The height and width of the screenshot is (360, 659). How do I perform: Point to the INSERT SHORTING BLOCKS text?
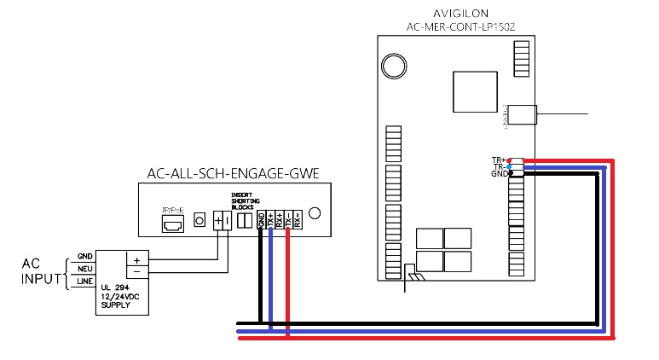click(x=244, y=201)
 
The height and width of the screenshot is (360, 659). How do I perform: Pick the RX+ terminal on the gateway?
click(x=280, y=220)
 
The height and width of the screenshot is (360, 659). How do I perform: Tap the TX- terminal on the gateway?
click(x=288, y=220)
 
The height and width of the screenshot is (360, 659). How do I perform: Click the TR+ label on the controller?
click(x=498, y=160)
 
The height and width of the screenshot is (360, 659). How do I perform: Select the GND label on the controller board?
click(x=498, y=174)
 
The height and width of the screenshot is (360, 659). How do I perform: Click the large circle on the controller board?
click(x=393, y=66)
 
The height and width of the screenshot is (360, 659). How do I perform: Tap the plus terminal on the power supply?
click(x=136, y=258)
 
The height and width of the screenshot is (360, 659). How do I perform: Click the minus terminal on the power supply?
click(x=136, y=271)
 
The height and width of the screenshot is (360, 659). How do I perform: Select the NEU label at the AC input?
click(x=84, y=269)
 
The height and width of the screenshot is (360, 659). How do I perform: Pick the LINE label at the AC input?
click(x=84, y=282)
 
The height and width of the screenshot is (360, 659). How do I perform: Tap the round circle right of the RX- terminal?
click(x=315, y=213)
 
